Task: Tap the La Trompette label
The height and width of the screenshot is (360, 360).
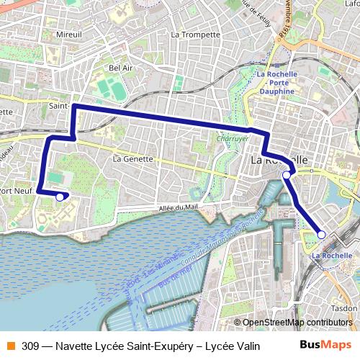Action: pyautogui.click(x=196, y=34)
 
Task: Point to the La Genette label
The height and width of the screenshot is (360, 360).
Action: pyautogui.click(x=133, y=158)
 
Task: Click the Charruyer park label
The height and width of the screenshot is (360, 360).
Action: pyautogui.click(x=233, y=138)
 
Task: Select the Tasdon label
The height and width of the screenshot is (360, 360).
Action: pyautogui.click(x=344, y=307)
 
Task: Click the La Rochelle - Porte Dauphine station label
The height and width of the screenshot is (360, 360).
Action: pyautogui.click(x=276, y=83)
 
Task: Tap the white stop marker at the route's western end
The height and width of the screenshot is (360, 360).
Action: pyautogui.click(x=60, y=196)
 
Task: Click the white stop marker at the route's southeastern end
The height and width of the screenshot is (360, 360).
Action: pyautogui.click(x=322, y=235)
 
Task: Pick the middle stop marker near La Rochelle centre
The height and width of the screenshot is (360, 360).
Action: pyautogui.click(x=287, y=175)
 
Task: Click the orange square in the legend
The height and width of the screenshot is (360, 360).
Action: pyautogui.click(x=11, y=346)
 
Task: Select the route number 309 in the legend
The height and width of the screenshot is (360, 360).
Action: pyautogui.click(x=30, y=346)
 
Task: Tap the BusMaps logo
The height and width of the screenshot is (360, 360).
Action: pyautogui.click(x=325, y=346)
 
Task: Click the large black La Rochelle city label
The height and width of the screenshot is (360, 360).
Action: pyautogui.click(x=279, y=159)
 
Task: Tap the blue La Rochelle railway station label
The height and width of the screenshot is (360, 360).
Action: pyautogui.click(x=332, y=255)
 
